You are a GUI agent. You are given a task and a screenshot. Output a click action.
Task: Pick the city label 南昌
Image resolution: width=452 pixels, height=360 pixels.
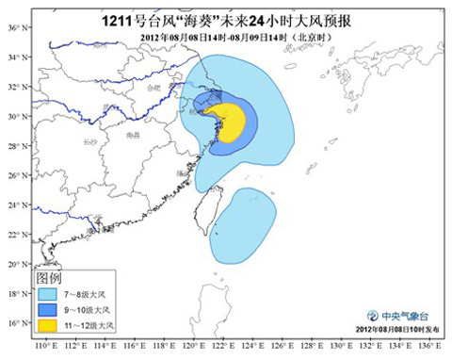[133, 136]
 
